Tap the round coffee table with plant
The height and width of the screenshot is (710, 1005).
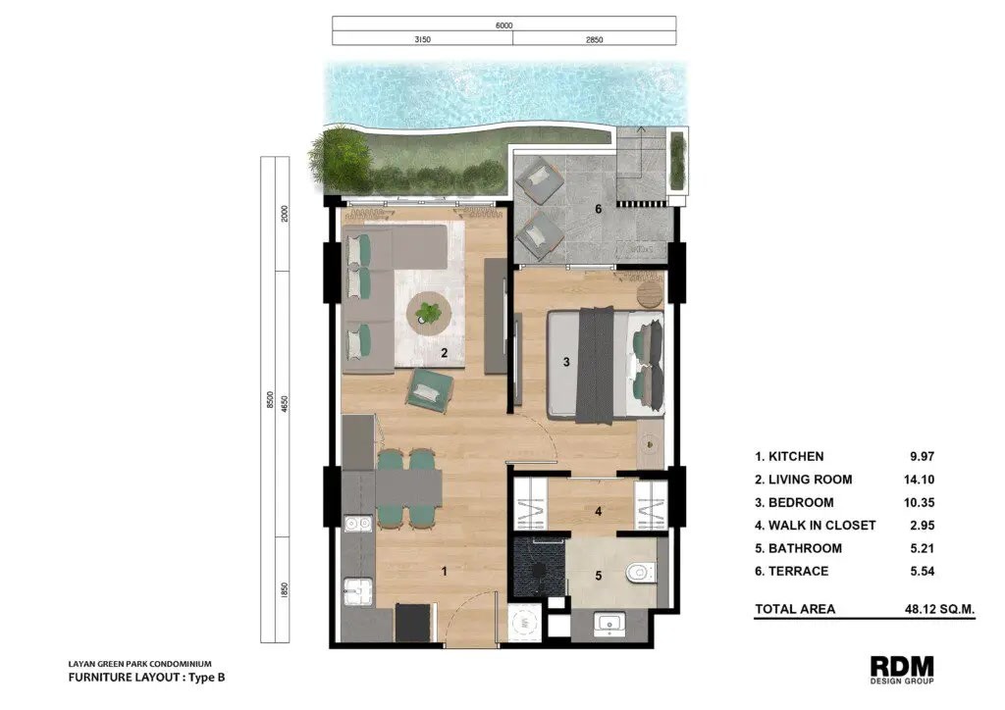pos(429,313)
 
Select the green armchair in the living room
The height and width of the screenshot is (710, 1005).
pos(429,388)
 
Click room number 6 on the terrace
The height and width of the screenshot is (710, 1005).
pos(599,209)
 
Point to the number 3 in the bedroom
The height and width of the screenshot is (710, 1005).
pos(566,363)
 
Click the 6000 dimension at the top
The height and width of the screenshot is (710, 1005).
pos(503,25)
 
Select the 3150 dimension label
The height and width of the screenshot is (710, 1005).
pos(422,39)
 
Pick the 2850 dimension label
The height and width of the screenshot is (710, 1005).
pos(594,39)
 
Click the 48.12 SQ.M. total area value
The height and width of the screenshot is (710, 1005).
pos(939,609)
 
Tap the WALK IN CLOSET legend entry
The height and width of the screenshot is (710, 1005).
pos(815,526)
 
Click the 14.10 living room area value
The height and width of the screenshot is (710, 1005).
pos(919,480)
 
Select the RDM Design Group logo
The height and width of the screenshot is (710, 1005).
pos(902,670)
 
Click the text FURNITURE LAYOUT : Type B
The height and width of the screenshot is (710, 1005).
pos(147,678)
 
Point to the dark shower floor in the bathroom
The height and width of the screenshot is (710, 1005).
pos(539,567)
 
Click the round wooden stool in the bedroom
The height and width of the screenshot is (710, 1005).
pos(650,295)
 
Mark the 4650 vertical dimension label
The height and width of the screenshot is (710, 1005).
pos(285,404)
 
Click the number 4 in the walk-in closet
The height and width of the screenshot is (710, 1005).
pos(598,512)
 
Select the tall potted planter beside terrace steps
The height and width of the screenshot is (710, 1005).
pos(677,159)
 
